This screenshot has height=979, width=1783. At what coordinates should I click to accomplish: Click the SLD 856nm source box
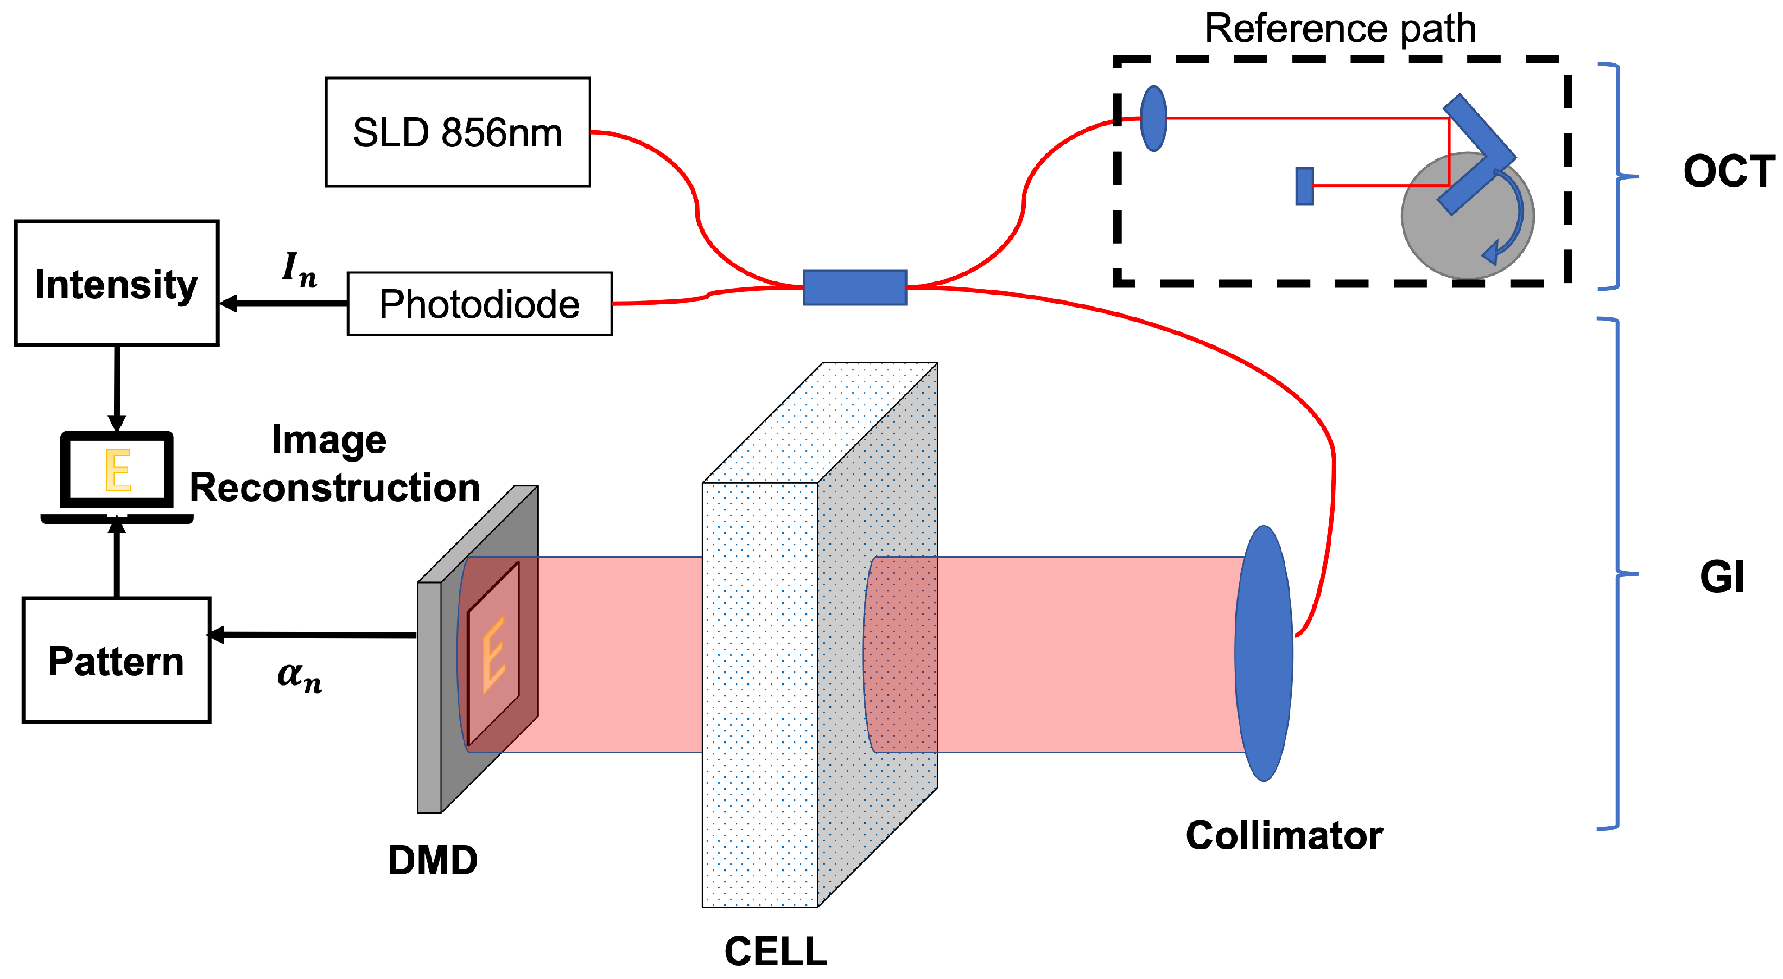point(458,132)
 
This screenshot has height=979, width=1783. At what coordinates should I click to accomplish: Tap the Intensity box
point(116,283)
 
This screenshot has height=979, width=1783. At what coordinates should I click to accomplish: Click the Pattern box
point(116,660)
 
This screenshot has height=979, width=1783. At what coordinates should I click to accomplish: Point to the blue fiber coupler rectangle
point(855,287)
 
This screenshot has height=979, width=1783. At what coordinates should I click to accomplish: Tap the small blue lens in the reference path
point(1153,118)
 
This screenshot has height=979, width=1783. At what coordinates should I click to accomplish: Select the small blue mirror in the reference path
point(1304,186)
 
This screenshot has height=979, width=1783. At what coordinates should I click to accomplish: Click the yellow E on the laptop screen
point(118,470)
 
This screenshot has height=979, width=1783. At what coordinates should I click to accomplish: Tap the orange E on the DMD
point(493,654)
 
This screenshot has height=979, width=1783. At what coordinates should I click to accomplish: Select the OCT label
point(1728,171)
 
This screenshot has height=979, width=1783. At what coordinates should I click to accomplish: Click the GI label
point(1722,577)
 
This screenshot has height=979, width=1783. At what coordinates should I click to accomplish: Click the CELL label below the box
point(775,951)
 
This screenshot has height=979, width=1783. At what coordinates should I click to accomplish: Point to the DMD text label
point(433,860)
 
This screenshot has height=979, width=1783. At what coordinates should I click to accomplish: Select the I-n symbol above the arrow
point(299,268)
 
